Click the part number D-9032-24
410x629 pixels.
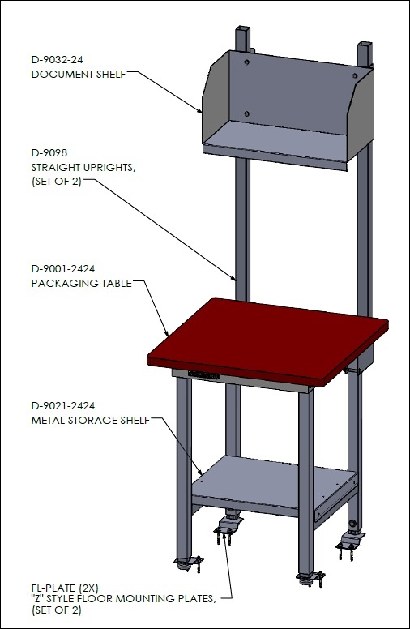pos(57,60)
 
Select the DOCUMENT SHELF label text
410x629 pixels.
pos(79,75)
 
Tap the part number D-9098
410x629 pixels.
pos(49,153)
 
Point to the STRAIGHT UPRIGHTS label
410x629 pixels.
pos(83,167)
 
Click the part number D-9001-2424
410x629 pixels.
pos(63,269)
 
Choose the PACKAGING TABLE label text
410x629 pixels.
pos(82,283)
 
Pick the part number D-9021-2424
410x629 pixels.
pos(63,406)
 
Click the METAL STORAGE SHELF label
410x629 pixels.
pos(90,421)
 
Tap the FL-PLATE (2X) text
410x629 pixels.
pos(65,588)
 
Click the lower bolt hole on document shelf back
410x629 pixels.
pos(246,114)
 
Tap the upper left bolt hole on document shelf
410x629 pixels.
pos(246,62)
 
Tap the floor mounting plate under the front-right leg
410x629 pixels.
pos(311,578)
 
